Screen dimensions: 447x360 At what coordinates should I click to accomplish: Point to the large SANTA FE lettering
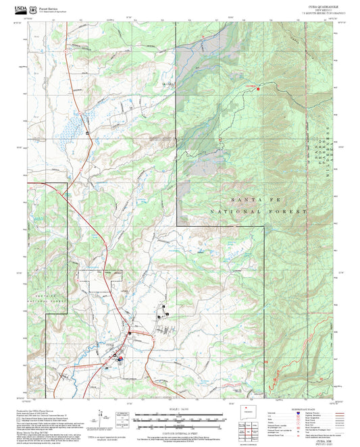[x=259, y=201]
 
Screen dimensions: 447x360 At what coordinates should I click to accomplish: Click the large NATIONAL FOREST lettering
[x=259, y=211]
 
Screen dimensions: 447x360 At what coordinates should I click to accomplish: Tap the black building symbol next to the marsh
[x=87, y=133]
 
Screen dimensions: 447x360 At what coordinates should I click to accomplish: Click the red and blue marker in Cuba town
[x=120, y=359]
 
